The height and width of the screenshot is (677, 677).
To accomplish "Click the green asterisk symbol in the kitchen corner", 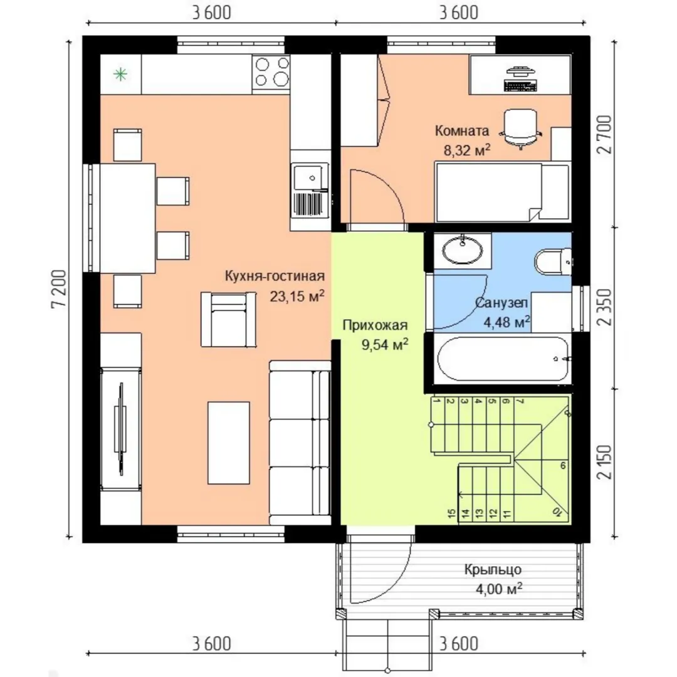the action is (120, 75).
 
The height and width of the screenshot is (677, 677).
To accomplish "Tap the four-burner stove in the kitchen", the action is (271, 72).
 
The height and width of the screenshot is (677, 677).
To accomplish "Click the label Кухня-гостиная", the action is (275, 276).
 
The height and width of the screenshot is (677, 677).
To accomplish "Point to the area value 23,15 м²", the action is (297, 296).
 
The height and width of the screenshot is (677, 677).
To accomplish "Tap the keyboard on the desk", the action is (520, 86).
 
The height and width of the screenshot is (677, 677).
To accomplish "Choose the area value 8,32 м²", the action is (467, 150).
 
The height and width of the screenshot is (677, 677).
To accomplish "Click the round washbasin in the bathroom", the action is (463, 250).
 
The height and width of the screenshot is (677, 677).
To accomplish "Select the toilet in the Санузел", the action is (553, 261).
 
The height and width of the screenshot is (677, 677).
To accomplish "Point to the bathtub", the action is (502, 359).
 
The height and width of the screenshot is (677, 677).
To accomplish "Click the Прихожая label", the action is (375, 325).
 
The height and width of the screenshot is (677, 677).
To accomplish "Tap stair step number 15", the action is (451, 513).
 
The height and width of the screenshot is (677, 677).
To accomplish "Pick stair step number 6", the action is (563, 466).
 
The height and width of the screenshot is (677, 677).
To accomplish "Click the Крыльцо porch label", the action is (493, 569).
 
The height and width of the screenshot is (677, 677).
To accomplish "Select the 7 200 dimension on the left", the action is (60, 288).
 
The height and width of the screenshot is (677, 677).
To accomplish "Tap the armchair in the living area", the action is (228, 320).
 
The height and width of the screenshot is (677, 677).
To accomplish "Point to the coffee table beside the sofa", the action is (229, 443).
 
